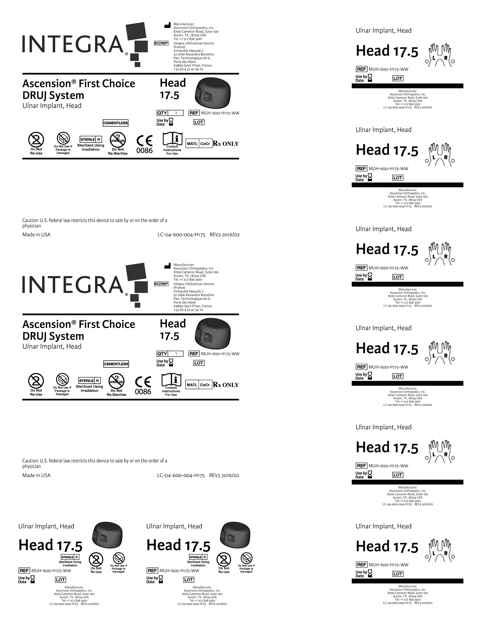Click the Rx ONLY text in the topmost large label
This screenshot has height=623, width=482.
[226, 144]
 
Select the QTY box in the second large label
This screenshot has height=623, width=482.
[162, 354]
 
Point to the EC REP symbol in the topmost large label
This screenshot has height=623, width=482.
[161, 43]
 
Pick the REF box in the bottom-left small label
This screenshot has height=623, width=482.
[24, 571]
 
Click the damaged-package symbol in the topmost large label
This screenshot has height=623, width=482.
[63, 139]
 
